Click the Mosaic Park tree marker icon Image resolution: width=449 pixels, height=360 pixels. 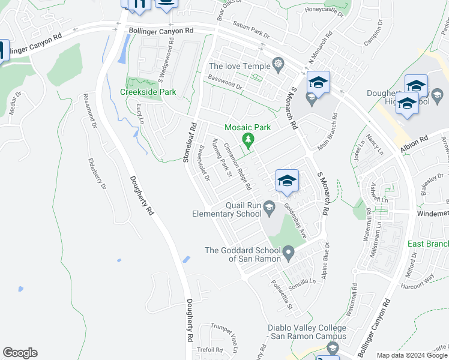pyautogui.click(x=247, y=140)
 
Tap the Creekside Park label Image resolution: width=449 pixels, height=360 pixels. pyautogui.click(x=148, y=92)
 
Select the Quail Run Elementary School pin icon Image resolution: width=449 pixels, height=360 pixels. pyautogui.click(x=270, y=206)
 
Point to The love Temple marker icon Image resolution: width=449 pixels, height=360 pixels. pyautogui.click(x=277, y=63)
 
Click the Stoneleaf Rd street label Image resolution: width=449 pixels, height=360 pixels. pyautogui.click(x=190, y=143)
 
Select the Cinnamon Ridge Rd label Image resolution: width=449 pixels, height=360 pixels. pyautogui.click(x=237, y=166)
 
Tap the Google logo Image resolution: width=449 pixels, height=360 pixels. pyautogui.click(x=20, y=353)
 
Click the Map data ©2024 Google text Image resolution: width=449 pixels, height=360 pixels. pyautogui.click(x=412, y=355)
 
